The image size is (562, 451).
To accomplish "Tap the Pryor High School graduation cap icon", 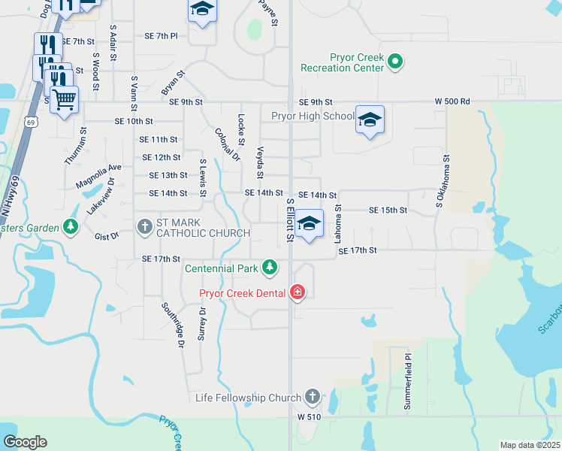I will pos(369,120).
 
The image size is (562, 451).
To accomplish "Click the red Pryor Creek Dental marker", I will pos(298,292).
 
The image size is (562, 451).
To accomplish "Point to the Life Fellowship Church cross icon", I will pos(312,397).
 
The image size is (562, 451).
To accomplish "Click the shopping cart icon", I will pos(65,98).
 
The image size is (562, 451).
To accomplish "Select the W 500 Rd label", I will pos(452,101).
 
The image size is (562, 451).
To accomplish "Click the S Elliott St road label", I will pos(290,220).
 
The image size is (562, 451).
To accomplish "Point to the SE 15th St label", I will pos(388,211).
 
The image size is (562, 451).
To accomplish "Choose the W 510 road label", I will pos(309,416).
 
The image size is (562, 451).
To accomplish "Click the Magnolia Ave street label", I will pos(98,177).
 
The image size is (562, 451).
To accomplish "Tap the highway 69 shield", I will pos(30,121).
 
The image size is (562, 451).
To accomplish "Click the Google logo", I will pos(25,442).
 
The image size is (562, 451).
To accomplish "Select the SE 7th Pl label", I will pos(161,35).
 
